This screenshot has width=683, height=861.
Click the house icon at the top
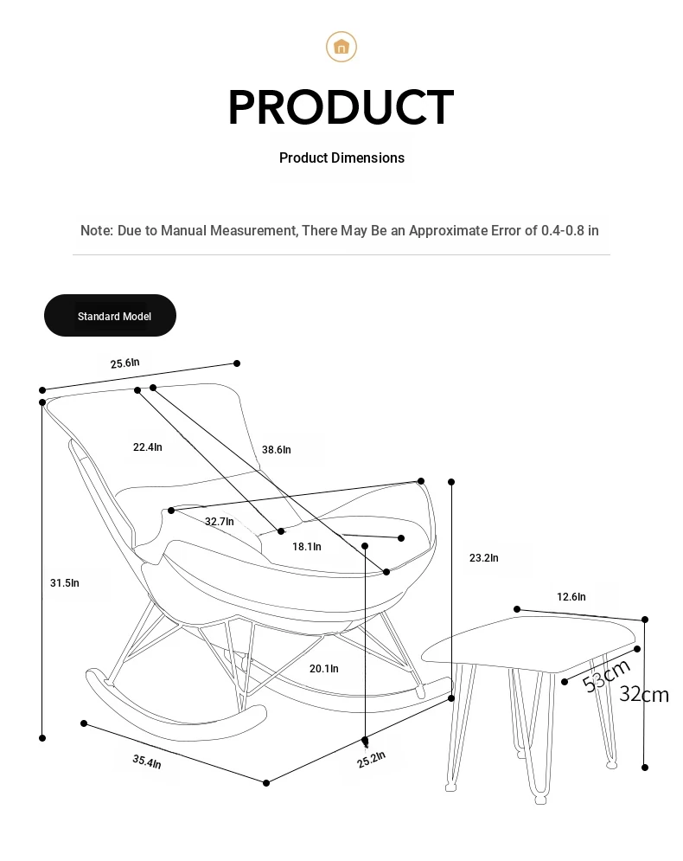pos(341,47)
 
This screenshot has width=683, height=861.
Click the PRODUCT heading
pos(341,107)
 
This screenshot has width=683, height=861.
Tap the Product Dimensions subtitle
pos(341,158)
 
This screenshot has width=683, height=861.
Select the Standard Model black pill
pos(111,316)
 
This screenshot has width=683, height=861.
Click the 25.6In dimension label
pos(125,363)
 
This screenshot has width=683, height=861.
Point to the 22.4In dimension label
pos(148,447)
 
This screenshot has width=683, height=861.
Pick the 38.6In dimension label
pos(277,450)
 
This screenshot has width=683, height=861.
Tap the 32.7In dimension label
pos(220,522)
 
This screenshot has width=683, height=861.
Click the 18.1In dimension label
pos(307,546)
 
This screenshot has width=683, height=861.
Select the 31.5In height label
pos(65,583)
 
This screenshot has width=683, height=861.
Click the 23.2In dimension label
pos(484,558)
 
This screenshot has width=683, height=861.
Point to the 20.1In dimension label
pos(324,669)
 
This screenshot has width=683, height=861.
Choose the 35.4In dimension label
pos(147,761)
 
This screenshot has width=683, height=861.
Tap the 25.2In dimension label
pos(372,760)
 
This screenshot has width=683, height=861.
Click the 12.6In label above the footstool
pos(571,597)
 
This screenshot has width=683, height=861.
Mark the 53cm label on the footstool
pos(606,676)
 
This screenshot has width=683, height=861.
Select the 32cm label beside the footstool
pos(644,695)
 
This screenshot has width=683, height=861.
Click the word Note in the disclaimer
pos(97,231)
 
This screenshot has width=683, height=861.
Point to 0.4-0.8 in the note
pos(563,231)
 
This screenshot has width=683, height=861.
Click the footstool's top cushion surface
pos(529,642)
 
